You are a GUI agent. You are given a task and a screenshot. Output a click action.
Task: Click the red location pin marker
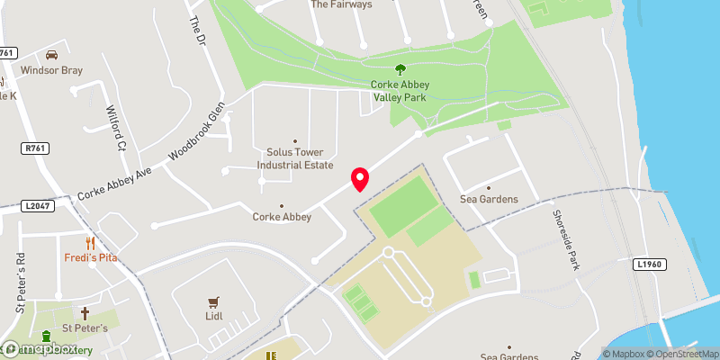(x=360, y=179)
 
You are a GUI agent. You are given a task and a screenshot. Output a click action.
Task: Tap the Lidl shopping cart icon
(x=213, y=302)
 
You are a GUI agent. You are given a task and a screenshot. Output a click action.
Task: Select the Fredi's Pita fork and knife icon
(x=90, y=243)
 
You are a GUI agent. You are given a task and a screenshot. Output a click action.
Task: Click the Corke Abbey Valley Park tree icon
(x=400, y=69)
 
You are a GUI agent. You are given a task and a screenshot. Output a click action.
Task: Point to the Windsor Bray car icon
(x=52, y=54)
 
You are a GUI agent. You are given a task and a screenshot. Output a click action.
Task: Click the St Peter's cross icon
(x=85, y=313)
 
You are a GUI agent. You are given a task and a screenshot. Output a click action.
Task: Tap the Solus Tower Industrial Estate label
(x=295, y=159)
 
